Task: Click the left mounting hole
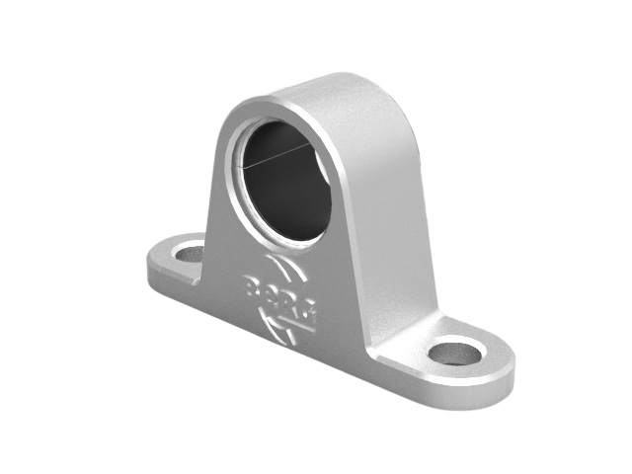click(189, 253)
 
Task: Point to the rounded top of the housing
click(326, 89)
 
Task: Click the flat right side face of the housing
click(395, 217)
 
